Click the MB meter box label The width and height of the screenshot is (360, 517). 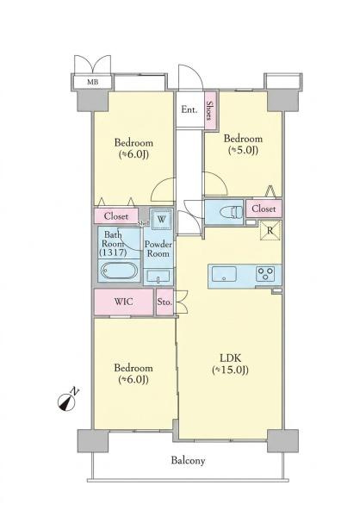click(x=93, y=82)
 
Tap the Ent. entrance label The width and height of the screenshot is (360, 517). click(x=189, y=109)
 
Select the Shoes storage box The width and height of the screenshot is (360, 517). click(x=210, y=110)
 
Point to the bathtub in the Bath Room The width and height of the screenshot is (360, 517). click(x=119, y=271)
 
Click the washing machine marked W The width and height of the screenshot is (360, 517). click(x=161, y=219)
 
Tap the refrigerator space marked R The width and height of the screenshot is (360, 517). click(x=270, y=230)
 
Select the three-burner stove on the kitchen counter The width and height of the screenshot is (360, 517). click(x=265, y=273)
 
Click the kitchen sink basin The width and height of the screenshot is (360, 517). click(x=224, y=274)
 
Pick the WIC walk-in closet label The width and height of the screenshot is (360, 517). click(x=124, y=302)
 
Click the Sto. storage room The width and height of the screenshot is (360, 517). click(x=164, y=302)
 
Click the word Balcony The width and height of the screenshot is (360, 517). click(x=188, y=461)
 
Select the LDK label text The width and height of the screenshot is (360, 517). click(x=231, y=358)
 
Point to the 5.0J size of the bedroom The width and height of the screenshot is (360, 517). click(x=243, y=150)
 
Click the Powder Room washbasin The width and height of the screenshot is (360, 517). click(x=158, y=277)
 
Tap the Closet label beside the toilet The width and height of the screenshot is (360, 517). click(x=264, y=209)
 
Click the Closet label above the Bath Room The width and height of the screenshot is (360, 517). click(x=116, y=216)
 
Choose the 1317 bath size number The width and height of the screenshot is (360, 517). click(x=113, y=252)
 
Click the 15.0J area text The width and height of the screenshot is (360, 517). click(x=230, y=371)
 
